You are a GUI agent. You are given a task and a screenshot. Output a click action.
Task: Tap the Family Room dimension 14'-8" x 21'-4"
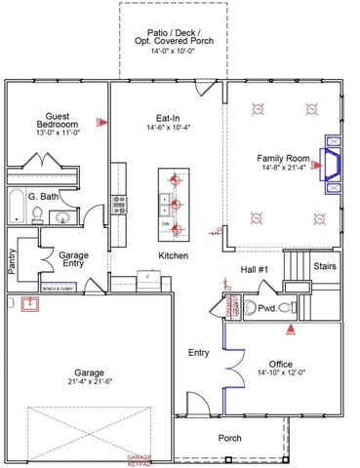coord(283,168)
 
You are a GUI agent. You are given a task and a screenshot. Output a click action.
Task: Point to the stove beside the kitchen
coord(119,204)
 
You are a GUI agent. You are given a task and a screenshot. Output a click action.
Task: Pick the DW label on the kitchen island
coord(166,223)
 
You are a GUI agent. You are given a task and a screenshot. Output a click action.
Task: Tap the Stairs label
coord(325,264)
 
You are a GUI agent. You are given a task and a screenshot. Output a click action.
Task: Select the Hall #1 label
coord(256,270)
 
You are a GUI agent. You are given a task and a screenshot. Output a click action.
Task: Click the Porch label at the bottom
coord(229,438)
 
